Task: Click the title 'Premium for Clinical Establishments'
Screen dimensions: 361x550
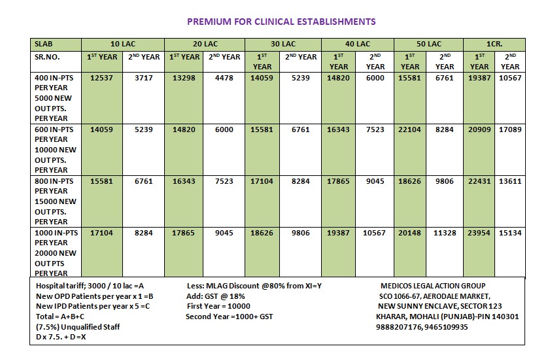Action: point(281,22)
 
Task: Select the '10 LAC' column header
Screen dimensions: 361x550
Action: point(123,44)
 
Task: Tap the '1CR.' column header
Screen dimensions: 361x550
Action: point(494,44)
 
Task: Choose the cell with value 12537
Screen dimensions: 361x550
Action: point(101,77)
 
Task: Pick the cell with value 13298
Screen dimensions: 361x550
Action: point(184,77)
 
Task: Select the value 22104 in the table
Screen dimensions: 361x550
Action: point(410,129)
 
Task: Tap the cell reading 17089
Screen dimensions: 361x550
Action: point(509,129)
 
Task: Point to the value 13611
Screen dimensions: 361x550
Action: point(509,180)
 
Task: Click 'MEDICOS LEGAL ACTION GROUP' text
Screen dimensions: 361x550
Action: point(432,286)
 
